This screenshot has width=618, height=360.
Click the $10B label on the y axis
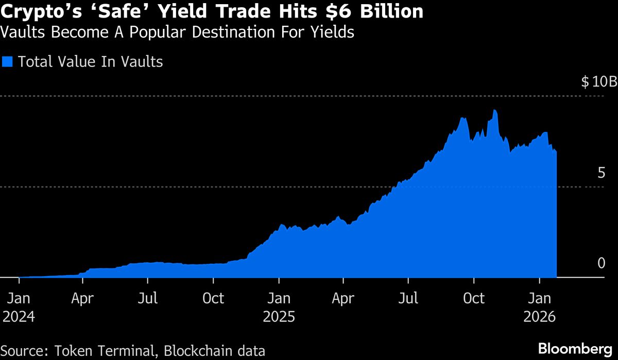598,82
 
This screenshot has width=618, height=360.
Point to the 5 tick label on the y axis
601,173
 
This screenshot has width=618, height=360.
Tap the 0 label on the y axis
601,263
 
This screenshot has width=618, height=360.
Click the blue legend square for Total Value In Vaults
8,62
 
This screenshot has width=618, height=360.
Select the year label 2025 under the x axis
279,316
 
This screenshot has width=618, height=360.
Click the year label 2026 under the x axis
539,316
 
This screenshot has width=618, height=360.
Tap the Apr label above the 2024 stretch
83,298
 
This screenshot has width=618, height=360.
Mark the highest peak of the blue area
494,110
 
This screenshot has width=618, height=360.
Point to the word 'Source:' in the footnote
23,351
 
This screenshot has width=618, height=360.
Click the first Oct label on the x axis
213,298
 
